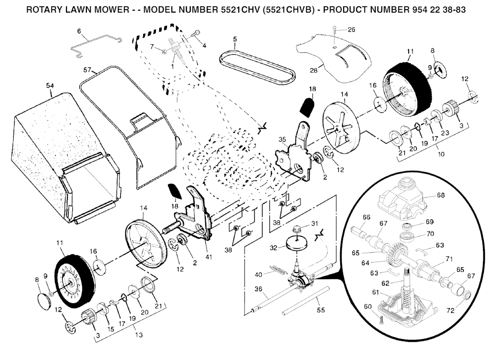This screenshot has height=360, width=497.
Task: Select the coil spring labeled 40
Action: click(279, 270)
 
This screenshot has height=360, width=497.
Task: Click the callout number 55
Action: click(321, 310)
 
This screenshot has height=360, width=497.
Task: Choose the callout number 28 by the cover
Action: click(314, 70)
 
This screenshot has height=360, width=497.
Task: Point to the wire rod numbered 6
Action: click(96, 47)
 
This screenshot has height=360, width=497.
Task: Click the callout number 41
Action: click(209, 257)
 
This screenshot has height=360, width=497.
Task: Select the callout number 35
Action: click(282, 139)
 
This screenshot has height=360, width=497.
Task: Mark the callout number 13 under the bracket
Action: click(138, 335)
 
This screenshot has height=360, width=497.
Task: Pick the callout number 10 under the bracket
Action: click(441, 154)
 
